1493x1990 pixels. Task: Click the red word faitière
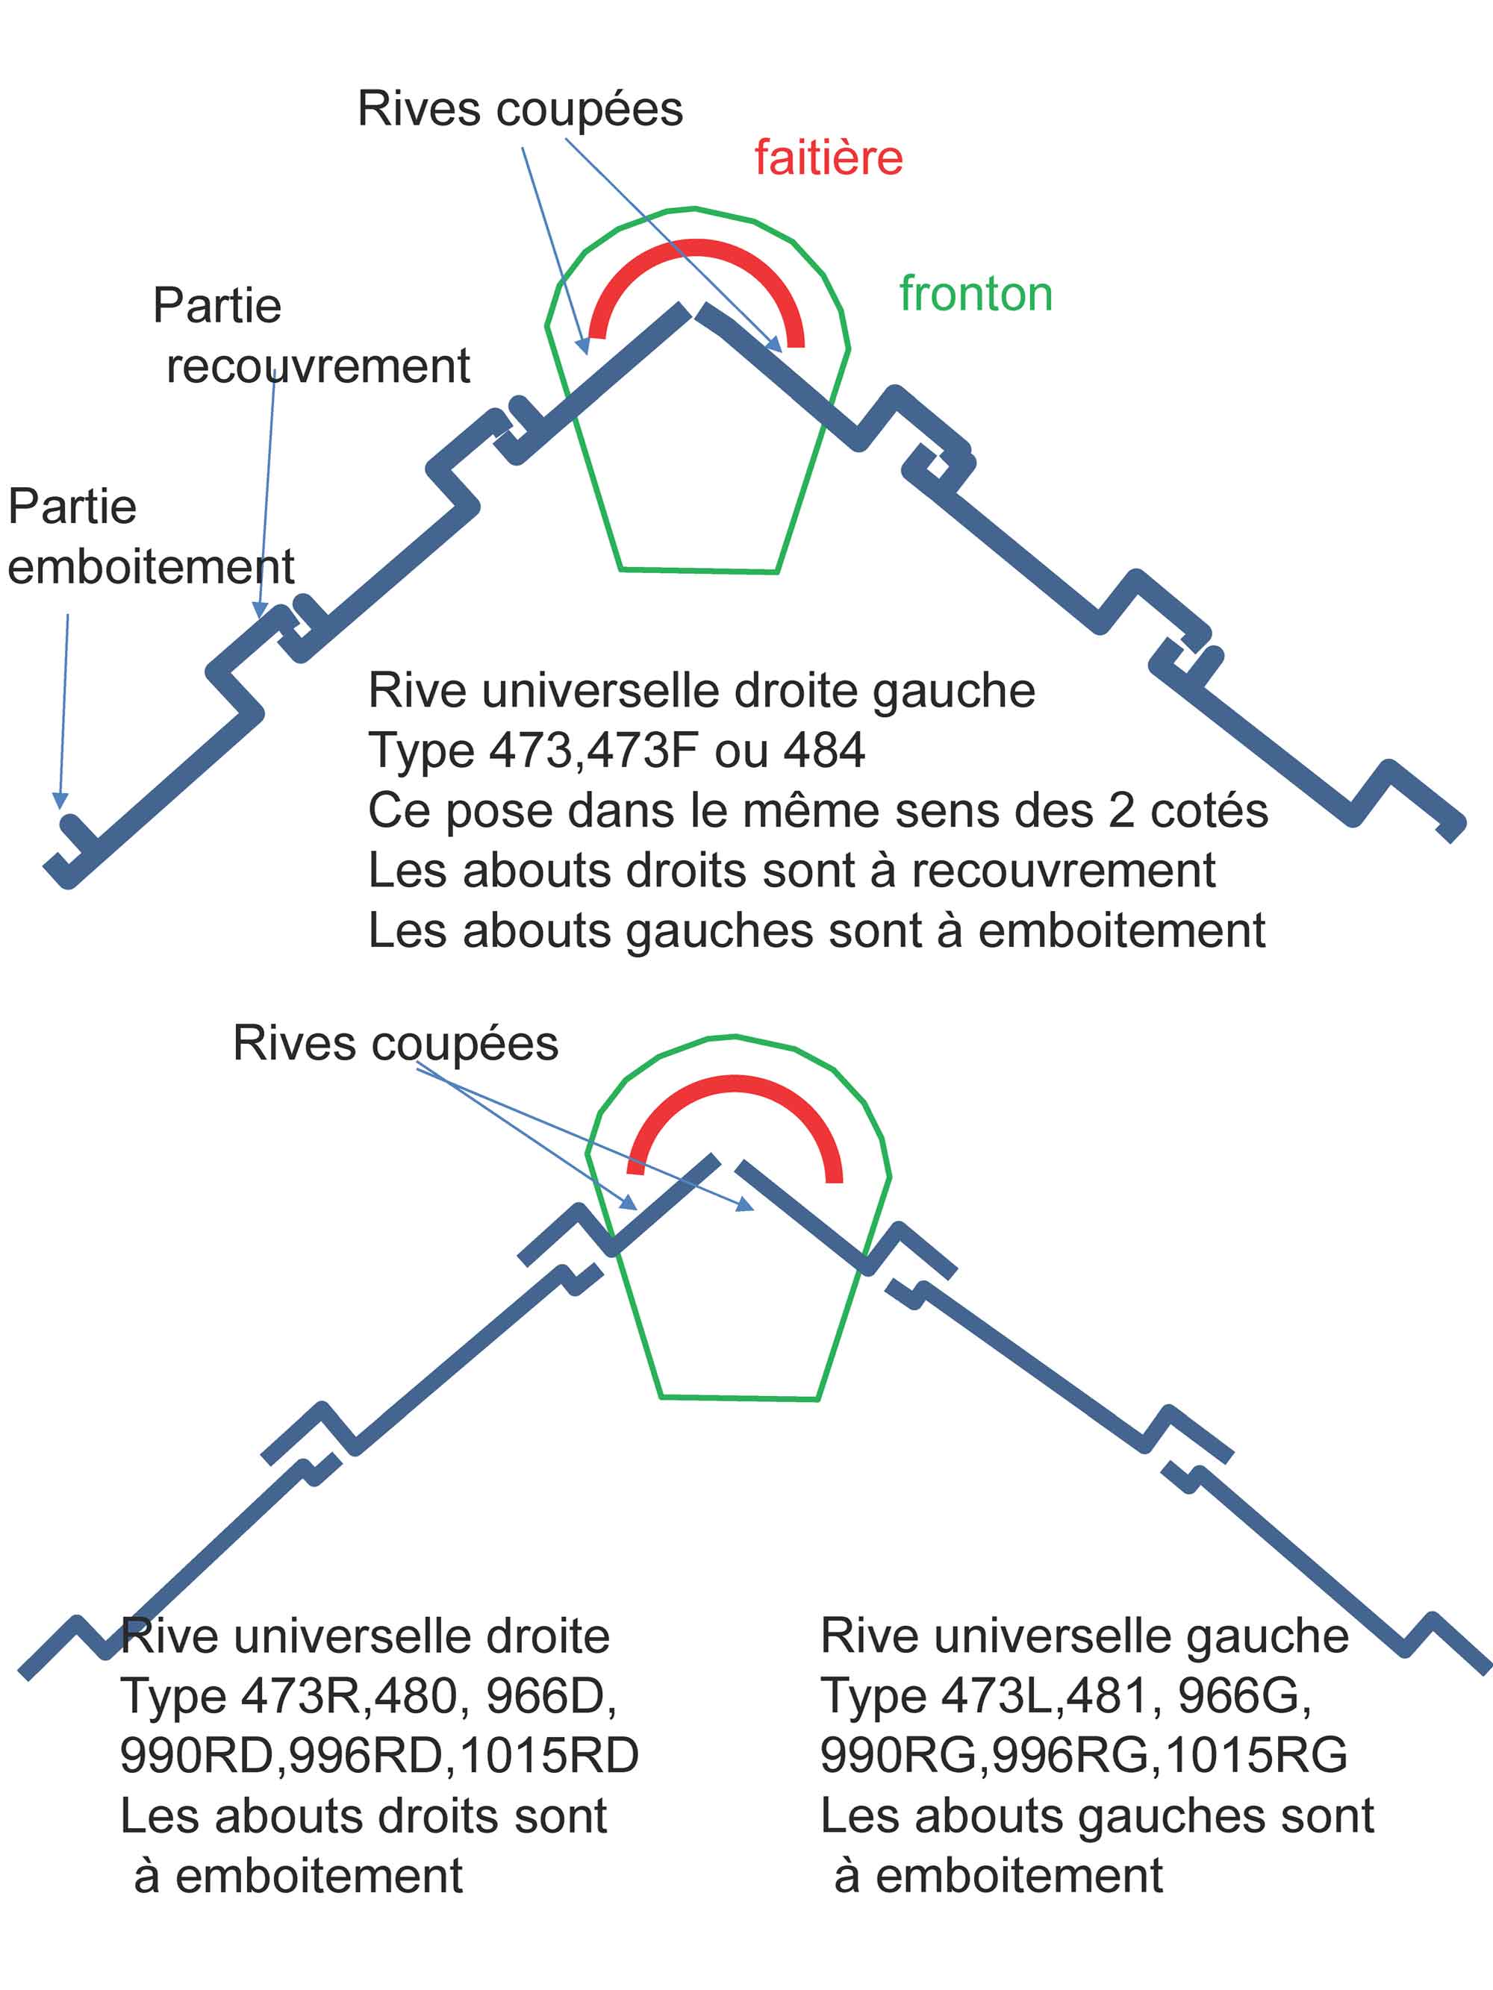tap(828, 158)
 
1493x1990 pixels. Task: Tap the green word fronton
tap(976, 294)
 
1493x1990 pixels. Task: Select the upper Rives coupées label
tap(520, 110)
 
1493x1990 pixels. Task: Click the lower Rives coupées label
tap(395, 1045)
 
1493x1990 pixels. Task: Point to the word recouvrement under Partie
tap(318, 366)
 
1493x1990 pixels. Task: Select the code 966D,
tap(551, 1696)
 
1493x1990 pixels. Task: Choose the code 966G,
tap(1244, 1696)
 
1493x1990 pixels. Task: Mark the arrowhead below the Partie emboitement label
tap(60, 800)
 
